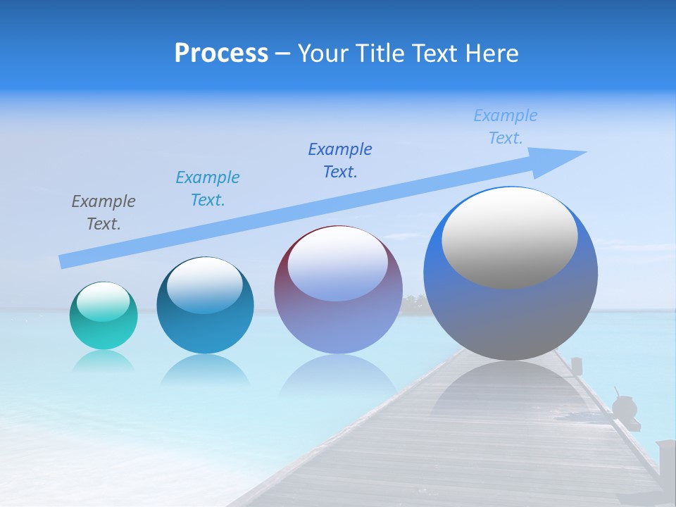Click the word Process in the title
[221, 54]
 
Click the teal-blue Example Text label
[208, 189]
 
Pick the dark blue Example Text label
[340, 161]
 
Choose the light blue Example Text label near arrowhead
[506, 127]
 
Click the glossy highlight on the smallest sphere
[104, 301]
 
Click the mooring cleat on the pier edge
[624, 408]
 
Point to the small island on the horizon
[414, 303]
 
